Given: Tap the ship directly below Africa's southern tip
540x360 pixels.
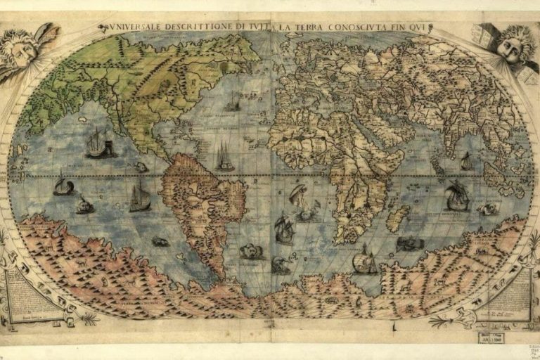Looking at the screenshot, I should click(364, 260).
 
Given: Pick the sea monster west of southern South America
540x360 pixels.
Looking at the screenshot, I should click(160, 242).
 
